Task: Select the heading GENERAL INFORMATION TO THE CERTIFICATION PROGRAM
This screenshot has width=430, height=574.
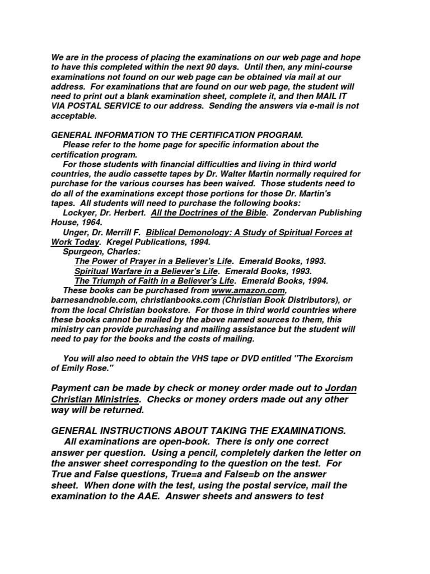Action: pos(177,135)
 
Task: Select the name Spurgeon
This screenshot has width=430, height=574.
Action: pos(84,252)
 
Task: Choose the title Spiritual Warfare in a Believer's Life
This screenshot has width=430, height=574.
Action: pos(147,271)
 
